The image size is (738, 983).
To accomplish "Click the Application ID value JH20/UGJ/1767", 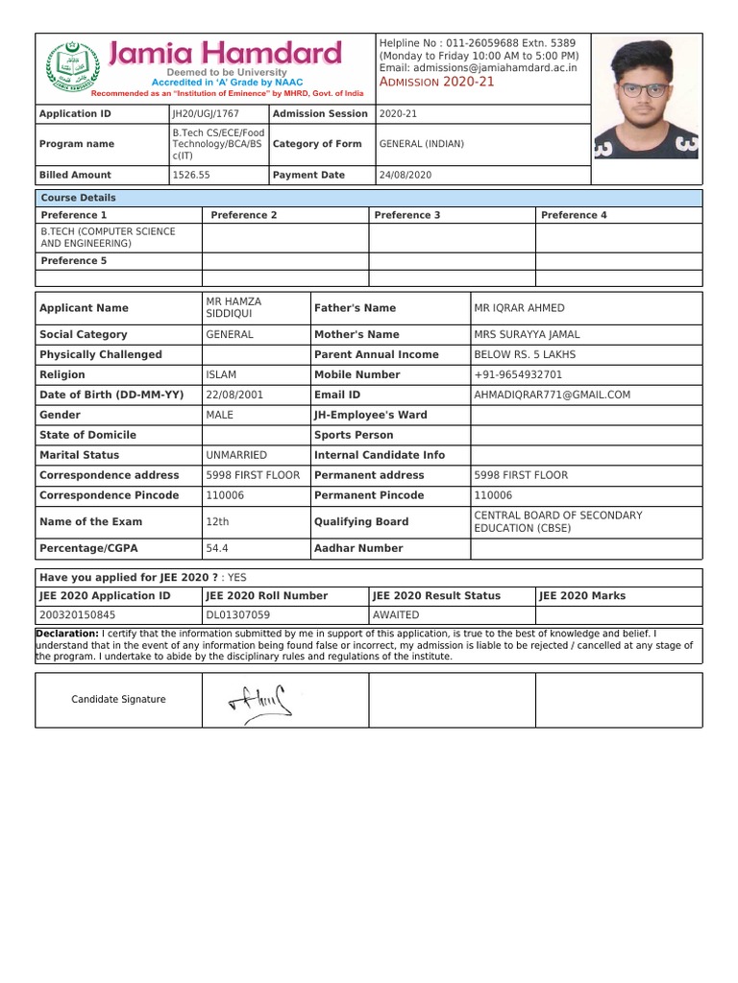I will coord(206,114).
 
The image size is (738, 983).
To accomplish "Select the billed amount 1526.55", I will coord(190,176).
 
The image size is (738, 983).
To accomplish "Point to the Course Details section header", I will coord(78,198).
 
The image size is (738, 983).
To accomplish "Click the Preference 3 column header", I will coord(407,216).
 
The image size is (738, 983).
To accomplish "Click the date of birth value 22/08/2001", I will coord(234,396).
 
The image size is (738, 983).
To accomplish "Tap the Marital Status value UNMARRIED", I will coord(236,456).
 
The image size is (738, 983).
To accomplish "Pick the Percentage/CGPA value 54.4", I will coord(217,549).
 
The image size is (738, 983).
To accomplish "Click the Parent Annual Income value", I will coord(525,355).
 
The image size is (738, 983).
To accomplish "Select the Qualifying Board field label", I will coord(361,522).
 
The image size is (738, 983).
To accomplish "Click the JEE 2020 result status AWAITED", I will coord(396,615).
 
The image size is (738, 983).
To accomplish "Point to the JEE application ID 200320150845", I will coord(77,615).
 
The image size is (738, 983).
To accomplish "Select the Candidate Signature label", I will coord(118,700).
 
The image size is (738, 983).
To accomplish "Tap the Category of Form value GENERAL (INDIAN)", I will coord(422,144).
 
